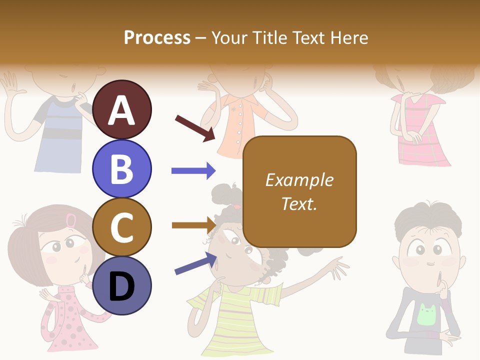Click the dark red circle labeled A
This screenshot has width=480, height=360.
tap(122, 109)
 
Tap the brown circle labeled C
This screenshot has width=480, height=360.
tap(122, 227)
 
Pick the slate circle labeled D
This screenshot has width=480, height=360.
tap(122, 285)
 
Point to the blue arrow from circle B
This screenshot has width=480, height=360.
tap(193, 171)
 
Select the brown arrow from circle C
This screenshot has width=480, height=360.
tap(193, 225)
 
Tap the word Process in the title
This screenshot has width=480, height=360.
tap(157, 37)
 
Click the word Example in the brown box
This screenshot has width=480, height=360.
tap(299, 180)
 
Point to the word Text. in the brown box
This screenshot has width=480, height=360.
tap(299, 203)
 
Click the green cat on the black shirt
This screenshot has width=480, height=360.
tap(426, 314)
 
